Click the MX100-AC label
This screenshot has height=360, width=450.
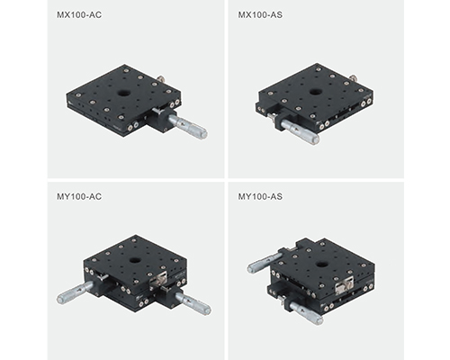(79, 14)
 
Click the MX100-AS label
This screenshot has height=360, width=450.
(260, 14)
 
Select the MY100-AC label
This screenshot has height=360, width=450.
(79, 196)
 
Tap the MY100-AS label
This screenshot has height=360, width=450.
(260, 196)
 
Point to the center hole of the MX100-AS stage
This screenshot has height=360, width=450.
(315, 91)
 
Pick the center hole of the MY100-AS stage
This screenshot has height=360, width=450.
(322, 265)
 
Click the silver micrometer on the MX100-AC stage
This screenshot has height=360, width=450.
(188, 126)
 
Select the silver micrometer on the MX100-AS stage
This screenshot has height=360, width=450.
(300, 132)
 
